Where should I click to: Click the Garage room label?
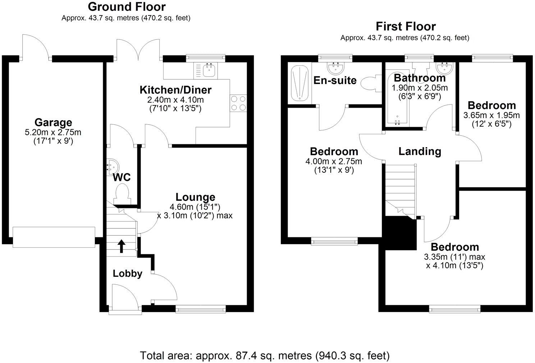(53, 123)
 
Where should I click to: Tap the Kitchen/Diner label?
(175, 90)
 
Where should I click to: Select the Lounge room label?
(195, 197)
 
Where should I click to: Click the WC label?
(122, 177)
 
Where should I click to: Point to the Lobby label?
(128, 274)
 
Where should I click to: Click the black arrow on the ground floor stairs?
(122, 246)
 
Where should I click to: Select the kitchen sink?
(209, 70)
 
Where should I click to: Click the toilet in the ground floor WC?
(121, 194)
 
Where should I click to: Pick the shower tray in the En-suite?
(299, 83)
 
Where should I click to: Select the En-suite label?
(335, 80)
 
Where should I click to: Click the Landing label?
(420, 152)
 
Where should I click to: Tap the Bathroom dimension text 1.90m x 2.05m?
(420, 88)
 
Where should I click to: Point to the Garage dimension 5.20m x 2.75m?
(53, 132)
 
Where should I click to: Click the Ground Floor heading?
(127, 6)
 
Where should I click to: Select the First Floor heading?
(405, 26)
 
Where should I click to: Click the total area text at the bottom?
(265, 355)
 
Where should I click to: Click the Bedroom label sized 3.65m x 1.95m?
(491, 106)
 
